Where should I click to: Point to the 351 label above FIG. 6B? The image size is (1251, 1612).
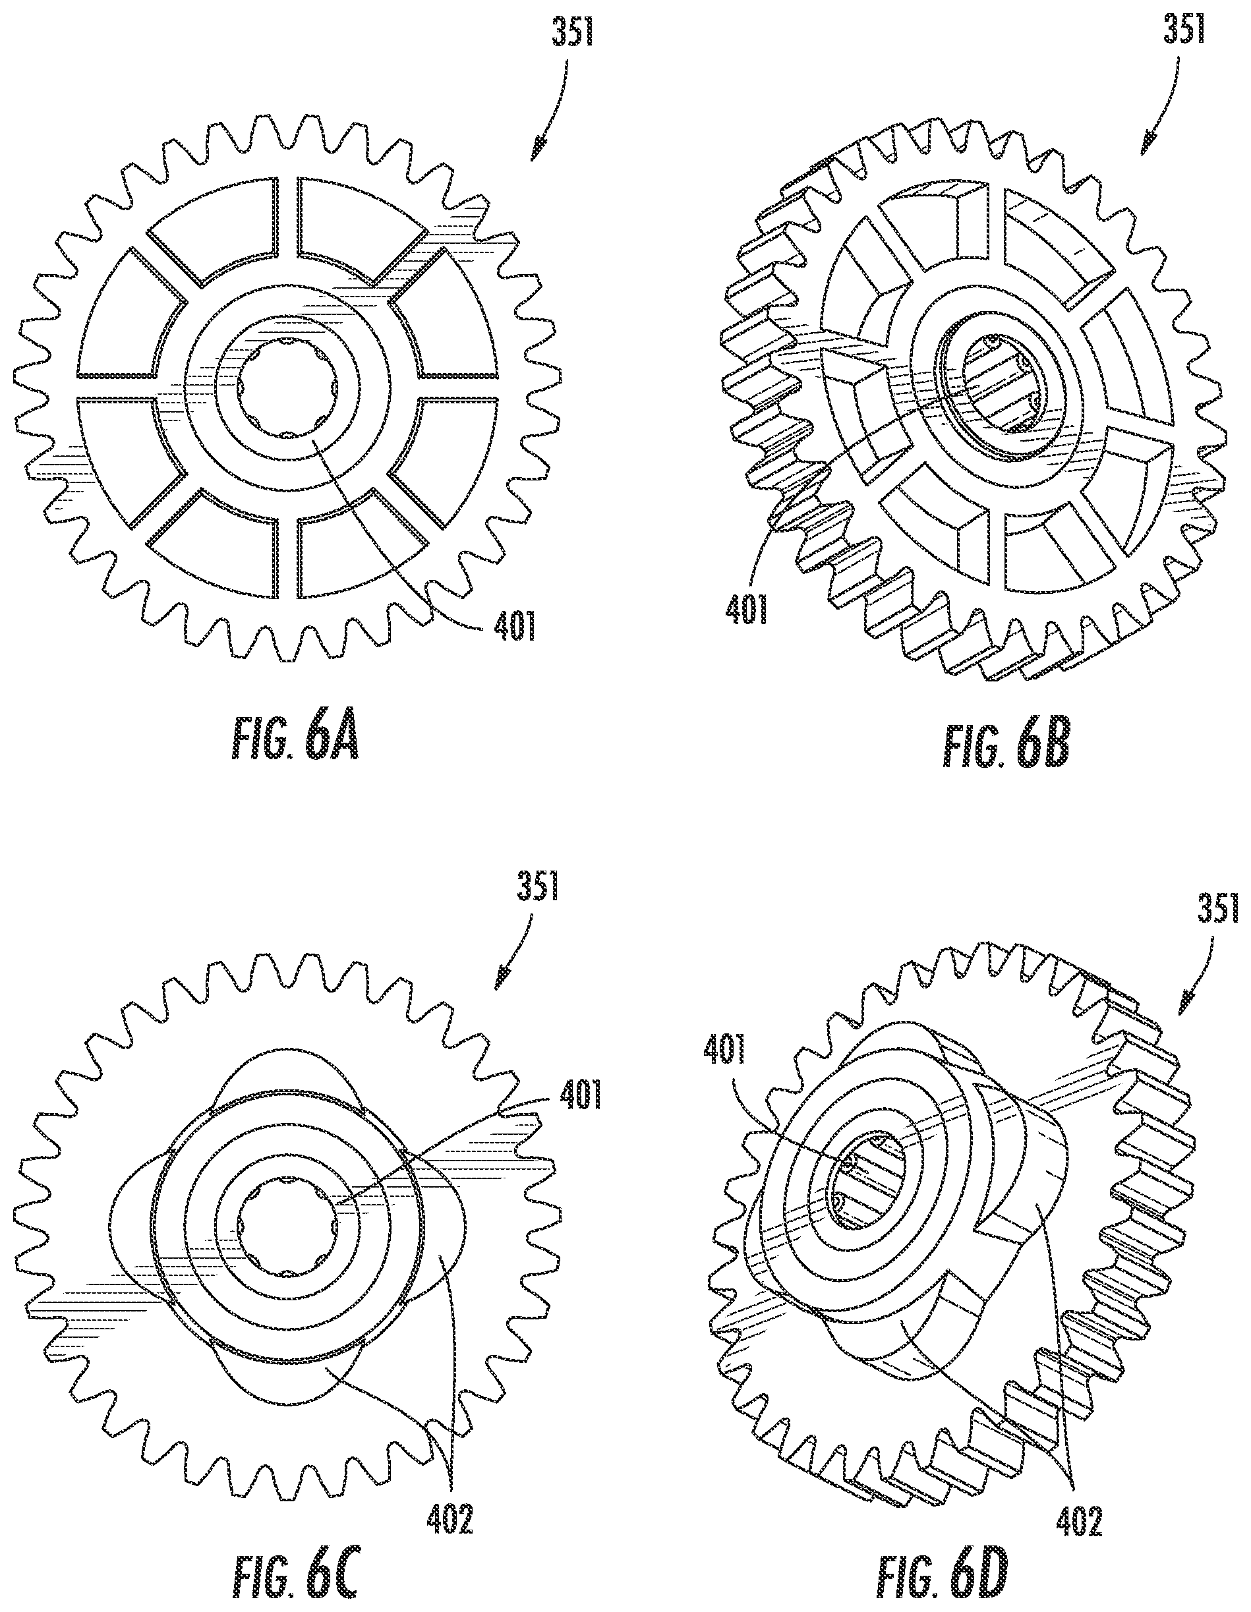(x=1184, y=32)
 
